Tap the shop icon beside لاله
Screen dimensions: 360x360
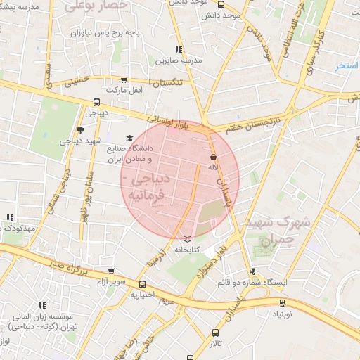point(213,157)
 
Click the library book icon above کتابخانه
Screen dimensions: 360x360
point(186,239)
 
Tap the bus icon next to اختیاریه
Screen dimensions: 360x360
point(143,285)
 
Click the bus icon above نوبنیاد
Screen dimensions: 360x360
point(282,304)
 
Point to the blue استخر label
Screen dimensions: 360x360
point(347,66)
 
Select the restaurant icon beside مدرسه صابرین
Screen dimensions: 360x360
point(179,49)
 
